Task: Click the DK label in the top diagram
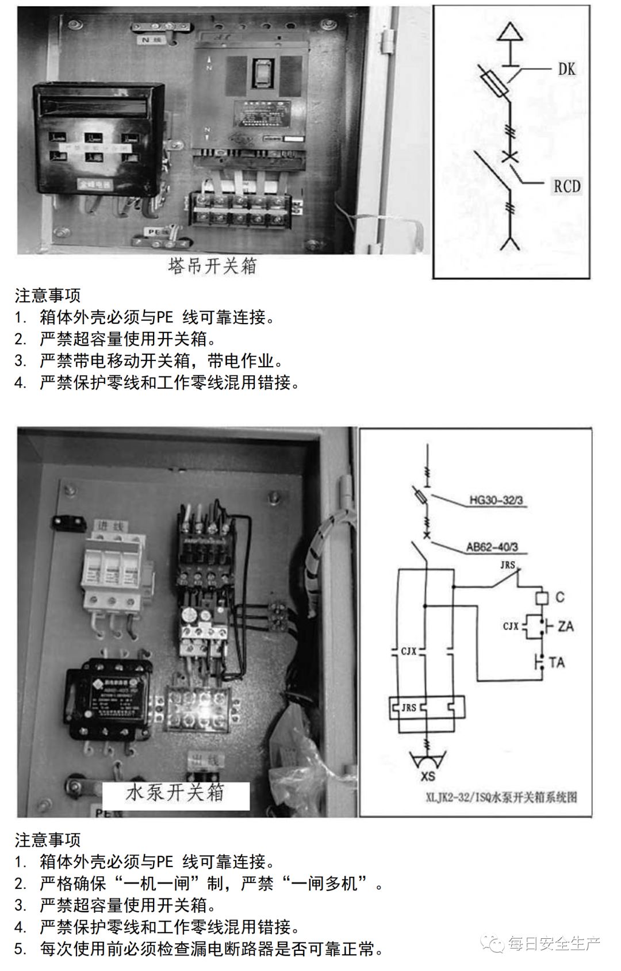566,69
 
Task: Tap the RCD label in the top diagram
566,186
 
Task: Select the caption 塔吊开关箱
213,266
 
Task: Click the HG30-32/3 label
496,500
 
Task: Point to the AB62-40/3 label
492,547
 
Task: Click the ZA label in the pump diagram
565,625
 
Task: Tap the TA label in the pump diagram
557,662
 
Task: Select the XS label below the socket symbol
428,776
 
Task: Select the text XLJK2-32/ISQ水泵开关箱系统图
501,797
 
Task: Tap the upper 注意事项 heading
48,295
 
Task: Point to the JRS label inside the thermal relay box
409,707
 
